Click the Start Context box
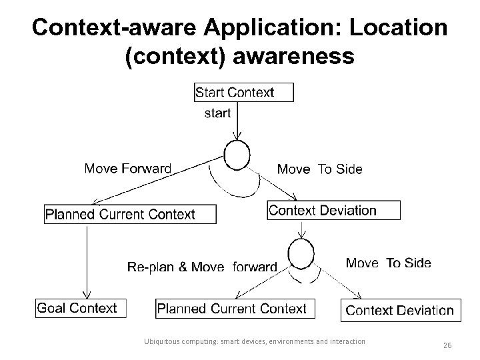(243, 92)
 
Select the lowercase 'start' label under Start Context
(217, 113)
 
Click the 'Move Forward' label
(127, 169)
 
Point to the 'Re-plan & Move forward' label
(201, 267)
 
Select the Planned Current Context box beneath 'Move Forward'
(130, 214)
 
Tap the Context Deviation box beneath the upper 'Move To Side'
(333, 211)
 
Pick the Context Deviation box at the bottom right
(399, 310)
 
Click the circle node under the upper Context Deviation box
(301, 253)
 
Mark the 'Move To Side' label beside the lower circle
(388, 263)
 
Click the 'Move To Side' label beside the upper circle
(319, 169)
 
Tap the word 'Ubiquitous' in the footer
(163, 341)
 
